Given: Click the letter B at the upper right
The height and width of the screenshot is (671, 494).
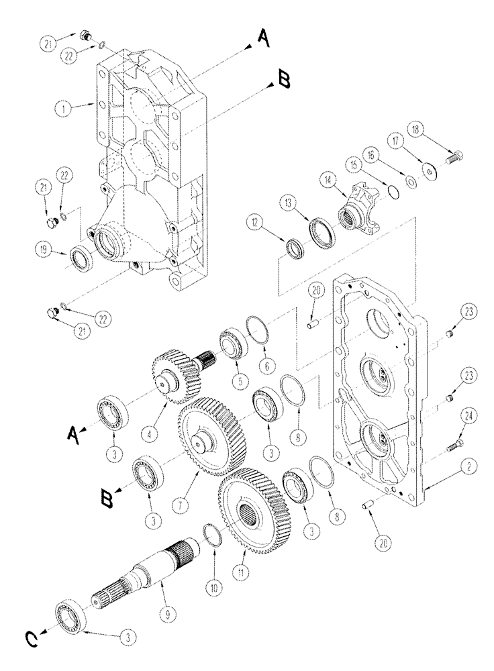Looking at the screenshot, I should tap(284, 81).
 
